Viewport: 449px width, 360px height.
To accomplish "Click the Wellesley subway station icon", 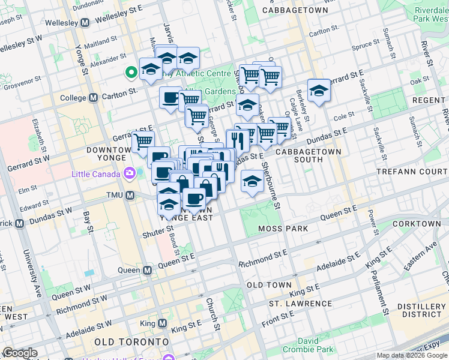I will (x=85, y=22).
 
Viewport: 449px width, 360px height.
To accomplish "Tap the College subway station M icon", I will (x=93, y=97).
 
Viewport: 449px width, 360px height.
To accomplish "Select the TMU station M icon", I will (x=130, y=196).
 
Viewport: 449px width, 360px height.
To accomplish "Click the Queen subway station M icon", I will (x=147, y=270).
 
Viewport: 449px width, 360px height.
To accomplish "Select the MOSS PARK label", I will (x=283, y=229).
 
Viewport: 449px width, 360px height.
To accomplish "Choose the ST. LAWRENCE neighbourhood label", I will (x=300, y=304).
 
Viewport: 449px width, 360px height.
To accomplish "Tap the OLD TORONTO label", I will (x=125, y=341).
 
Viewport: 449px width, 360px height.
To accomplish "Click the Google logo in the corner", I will (x=20, y=353).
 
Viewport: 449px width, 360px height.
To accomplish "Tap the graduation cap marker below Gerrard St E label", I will (x=319, y=91).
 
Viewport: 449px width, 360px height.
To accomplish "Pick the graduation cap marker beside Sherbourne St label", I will (x=252, y=181).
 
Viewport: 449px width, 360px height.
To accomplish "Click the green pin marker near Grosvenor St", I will (x=130, y=73).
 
